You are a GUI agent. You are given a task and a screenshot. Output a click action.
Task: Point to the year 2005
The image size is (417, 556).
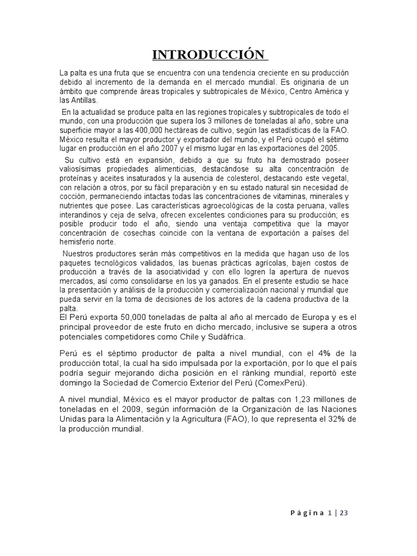pyautogui.click(x=327, y=148)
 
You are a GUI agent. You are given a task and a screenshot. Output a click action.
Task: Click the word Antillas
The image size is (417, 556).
pyautogui.click(x=83, y=100)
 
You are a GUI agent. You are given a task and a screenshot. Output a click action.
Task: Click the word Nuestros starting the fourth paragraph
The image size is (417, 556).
pyautogui.click(x=80, y=254)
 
